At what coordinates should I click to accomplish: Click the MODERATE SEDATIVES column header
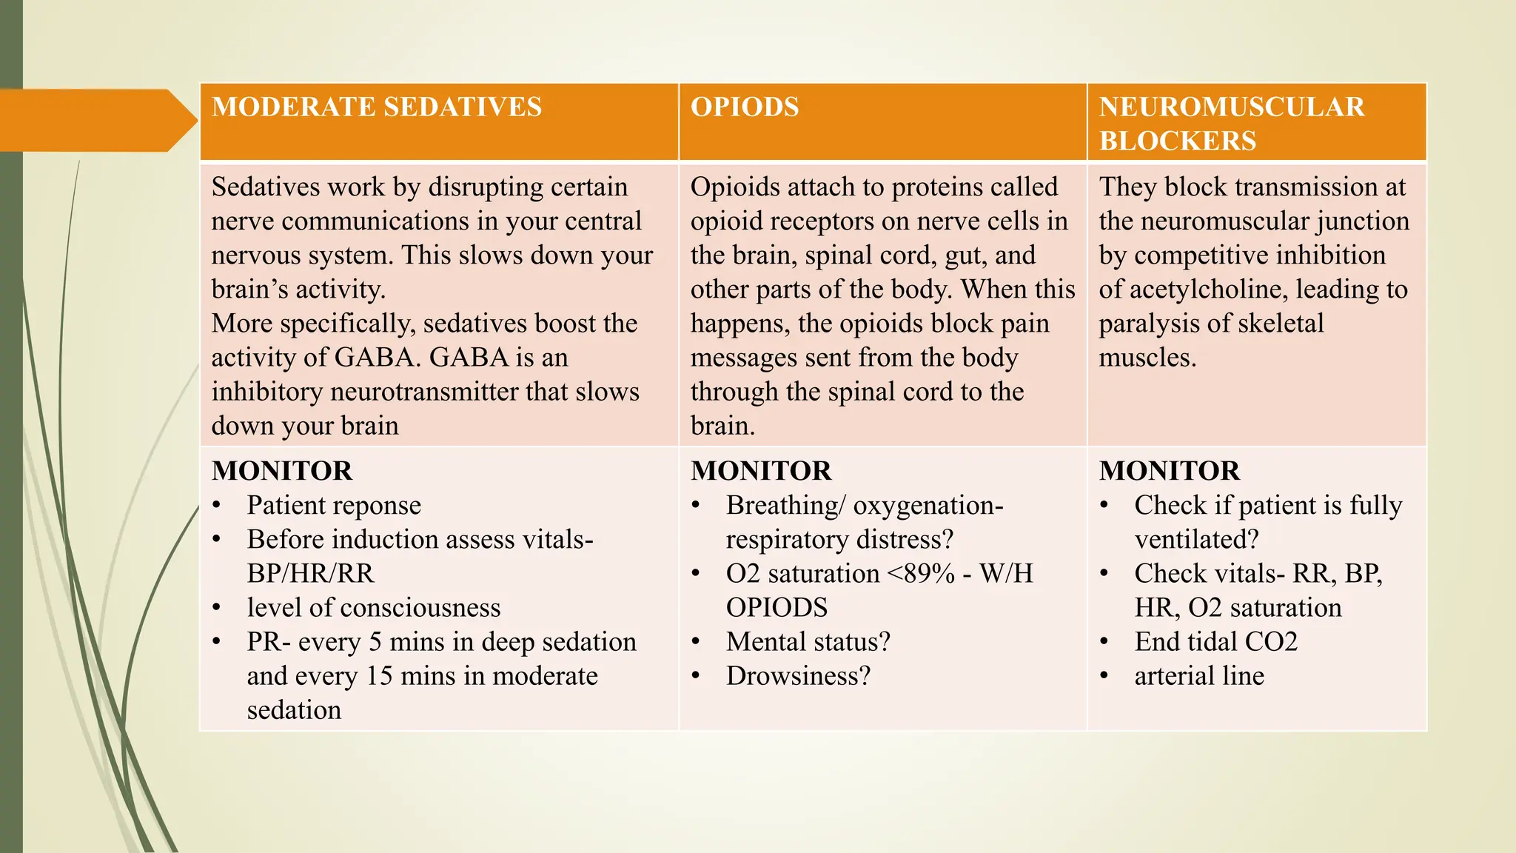click(x=377, y=107)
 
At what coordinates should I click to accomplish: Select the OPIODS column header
click(x=745, y=107)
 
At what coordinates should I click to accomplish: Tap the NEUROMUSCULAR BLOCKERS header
click(x=1232, y=124)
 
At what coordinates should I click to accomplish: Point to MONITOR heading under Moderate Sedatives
click(x=282, y=471)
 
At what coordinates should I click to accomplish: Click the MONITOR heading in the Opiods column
click(x=761, y=471)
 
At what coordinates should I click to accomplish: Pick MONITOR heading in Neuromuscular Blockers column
click(x=1170, y=471)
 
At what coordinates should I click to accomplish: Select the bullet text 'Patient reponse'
click(x=334, y=505)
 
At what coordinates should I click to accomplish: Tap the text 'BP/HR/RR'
click(x=311, y=573)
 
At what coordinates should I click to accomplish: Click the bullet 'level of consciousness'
click(x=374, y=607)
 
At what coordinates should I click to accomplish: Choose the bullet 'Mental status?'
click(x=808, y=641)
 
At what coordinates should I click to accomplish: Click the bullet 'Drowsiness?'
click(x=798, y=675)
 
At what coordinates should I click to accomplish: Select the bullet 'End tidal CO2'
click(x=1216, y=641)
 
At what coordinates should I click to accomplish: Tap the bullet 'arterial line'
click(x=1199, y=675)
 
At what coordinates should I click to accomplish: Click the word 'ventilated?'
click(x=1196, y=539)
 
